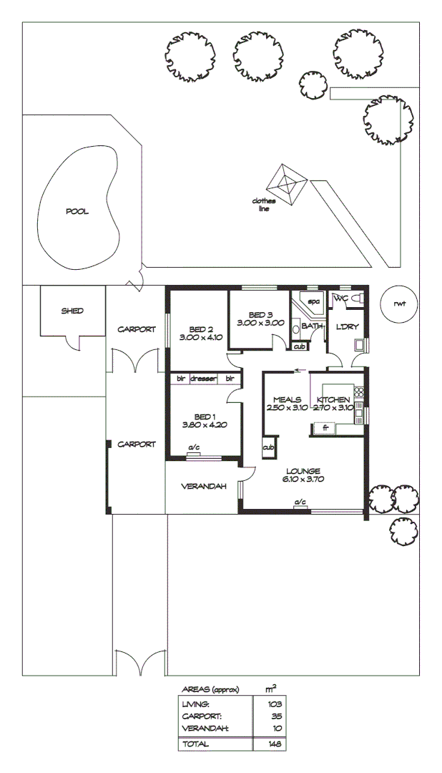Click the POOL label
pos(77,211)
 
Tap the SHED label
pos(72,311)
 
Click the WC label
pos(341,297)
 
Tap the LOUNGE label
pos(305,470)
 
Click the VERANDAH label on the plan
pos(203,486)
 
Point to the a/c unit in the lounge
pos(300,503)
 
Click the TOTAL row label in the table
pos(195,744)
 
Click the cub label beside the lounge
pos(268,447)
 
